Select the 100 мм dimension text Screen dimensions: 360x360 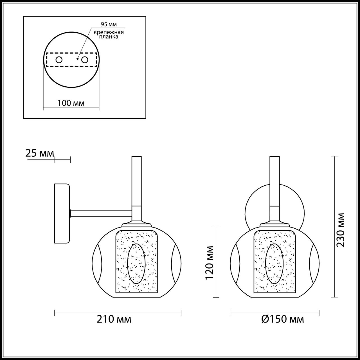click(x=71, y=103)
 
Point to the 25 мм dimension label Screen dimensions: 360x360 click(x=40, y=154)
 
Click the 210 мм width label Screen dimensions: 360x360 click(x=114, y=319)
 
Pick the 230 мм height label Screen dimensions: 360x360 click(x=341, y=230)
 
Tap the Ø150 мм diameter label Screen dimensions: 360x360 click(x=282, y=319)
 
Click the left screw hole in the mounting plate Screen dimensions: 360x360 click(x=59, y=60)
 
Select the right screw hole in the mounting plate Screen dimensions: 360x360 click(x=84, y=60)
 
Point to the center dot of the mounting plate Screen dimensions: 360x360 click(x=77, y=59)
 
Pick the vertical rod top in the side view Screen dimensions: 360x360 click(x=136, y=159)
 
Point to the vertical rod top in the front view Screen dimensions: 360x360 click(x=274, y=159)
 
